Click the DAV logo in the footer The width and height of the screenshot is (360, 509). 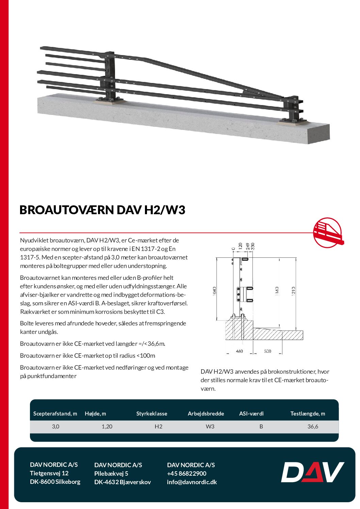[312, 472]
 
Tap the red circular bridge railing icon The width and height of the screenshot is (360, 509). [328, 233]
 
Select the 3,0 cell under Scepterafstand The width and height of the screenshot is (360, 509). [55, 426]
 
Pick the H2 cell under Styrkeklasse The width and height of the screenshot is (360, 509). [158, 426]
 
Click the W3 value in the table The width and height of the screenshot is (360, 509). [210, 426]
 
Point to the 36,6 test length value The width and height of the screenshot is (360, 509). [313, 426]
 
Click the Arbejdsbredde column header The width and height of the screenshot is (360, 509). [206, 413]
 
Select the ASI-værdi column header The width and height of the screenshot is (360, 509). [251, 413]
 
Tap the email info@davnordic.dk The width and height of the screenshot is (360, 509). [192, 482]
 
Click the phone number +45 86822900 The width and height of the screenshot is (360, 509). [186, 473]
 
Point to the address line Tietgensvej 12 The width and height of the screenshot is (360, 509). [49, 473]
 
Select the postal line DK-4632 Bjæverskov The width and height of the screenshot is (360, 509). [122, 482]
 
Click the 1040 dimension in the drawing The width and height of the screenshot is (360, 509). [214, 291]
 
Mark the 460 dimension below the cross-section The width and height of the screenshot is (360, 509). [239, 351]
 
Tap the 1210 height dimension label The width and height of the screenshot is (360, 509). [294, 291]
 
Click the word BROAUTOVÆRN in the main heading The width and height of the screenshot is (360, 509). [67, 210]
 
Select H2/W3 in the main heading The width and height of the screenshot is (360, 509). [165, 210]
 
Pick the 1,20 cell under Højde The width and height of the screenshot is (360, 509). [107, 426]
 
